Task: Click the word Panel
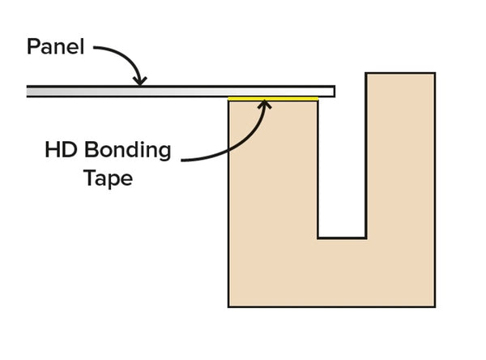coord(55,46)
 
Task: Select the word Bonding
coord(130,151)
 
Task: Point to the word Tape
coord(108,178)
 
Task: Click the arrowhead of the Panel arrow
coord(141,80)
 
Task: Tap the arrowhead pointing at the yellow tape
coord(264,103)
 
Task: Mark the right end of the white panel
coord(332,91)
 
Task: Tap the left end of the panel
coord(29,91)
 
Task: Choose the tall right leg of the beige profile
coord(400,162)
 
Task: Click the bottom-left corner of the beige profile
coord(229,306)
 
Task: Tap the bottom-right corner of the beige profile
coord(434,306)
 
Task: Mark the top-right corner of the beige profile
coord(434,75)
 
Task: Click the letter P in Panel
coord(33,46)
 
